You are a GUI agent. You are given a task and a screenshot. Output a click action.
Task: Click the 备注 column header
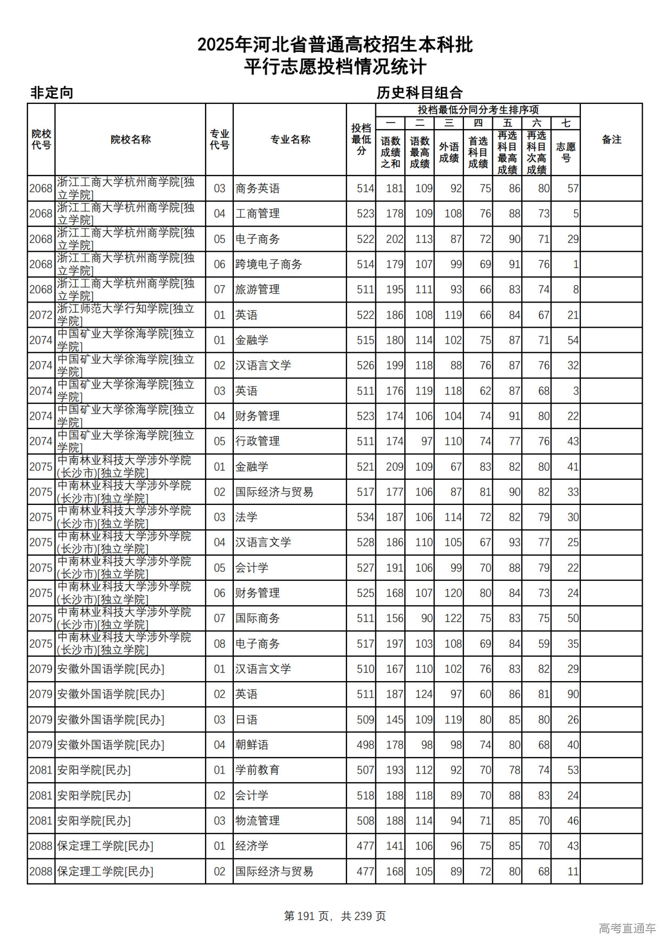click(611, 139)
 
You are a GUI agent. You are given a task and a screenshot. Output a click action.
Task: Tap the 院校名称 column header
click(131, 139)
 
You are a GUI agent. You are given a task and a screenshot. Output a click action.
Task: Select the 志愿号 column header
click(566, 152)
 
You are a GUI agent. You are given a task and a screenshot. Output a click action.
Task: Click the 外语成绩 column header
click(449, 152)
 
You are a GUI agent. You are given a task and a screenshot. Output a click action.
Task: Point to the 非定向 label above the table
click(51, 93)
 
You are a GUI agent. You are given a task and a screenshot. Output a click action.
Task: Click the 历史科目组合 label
click(419, 93)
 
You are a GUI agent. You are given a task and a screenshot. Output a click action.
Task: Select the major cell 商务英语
click(257, 188)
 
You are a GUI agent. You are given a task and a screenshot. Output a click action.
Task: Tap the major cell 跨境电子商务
click(268, 264)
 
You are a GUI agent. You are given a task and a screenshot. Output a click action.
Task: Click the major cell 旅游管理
click(257, 289)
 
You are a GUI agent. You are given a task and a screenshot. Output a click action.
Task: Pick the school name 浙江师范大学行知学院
click(126, 315)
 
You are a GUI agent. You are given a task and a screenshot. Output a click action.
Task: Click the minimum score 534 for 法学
click(365, 517)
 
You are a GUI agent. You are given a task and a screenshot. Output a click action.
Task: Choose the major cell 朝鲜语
click(252, 745)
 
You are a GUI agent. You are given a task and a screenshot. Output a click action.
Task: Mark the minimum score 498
click(365, 745)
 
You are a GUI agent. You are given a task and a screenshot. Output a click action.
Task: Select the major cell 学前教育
click(257, 770)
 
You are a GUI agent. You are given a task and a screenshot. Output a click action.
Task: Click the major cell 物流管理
click(257, 821)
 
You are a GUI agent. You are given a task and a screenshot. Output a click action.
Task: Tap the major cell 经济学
click(252, 846)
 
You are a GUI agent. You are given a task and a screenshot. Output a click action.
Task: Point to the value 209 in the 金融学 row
click(394, 467)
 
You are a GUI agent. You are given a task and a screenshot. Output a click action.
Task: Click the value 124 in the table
click(424, 694)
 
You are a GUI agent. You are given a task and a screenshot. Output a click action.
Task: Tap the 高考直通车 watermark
click(627, 929)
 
